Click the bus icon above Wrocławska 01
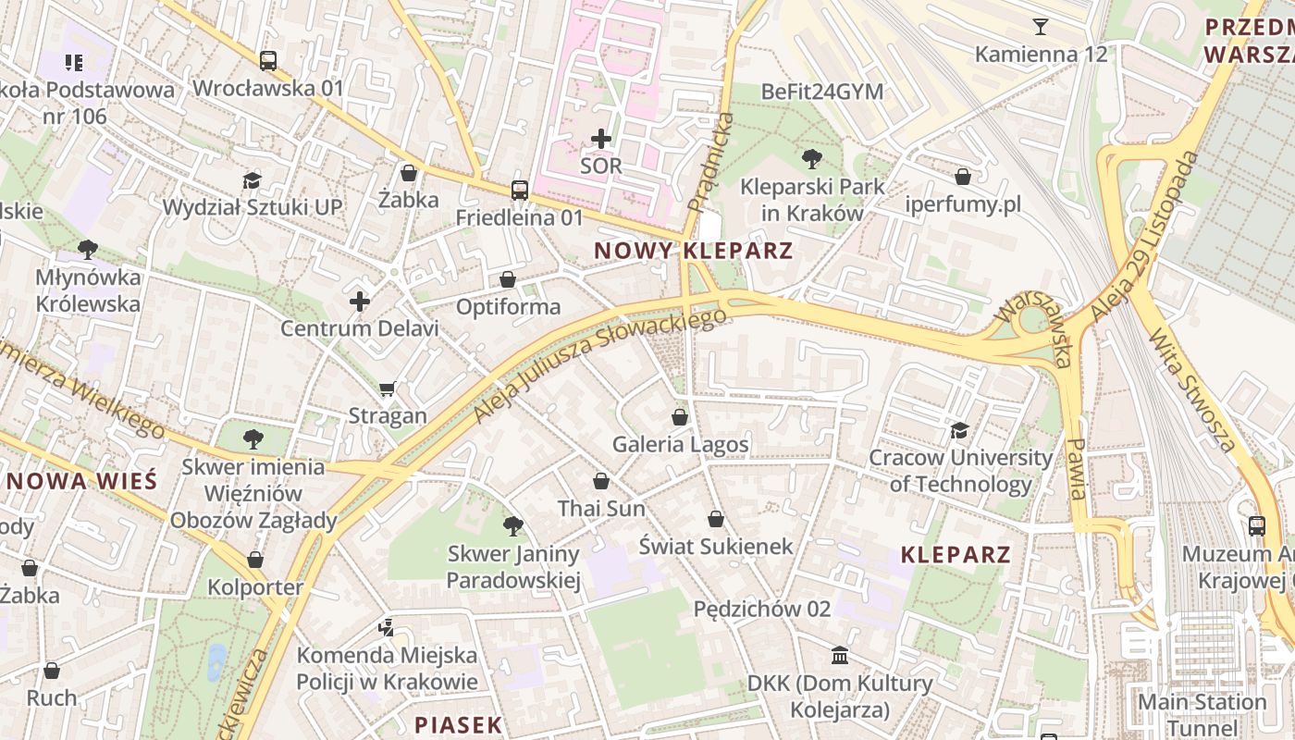(268, 61)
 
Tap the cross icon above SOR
(601, 139)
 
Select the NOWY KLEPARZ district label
(693, 251)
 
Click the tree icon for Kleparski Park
(812, 158)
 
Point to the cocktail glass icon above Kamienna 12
(1041, 26)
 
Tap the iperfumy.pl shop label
(963, 204)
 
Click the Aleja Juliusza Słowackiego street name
(599, 365)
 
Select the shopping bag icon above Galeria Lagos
(680, 417)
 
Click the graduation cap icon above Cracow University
(959, 430)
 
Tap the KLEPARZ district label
(956, 555)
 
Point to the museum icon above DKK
(839, 656)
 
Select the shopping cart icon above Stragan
(388, 388)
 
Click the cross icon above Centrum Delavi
(360, 302)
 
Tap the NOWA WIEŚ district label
(81, 481)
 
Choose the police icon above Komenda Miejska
(387, 628)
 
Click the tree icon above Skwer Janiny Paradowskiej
(512, 526)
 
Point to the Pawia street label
(1077, 470)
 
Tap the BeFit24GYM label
(821, 92)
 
